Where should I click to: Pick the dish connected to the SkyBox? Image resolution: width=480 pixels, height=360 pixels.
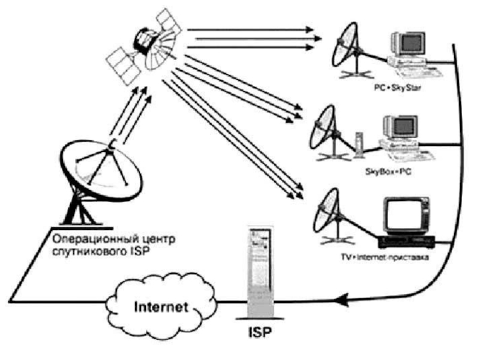click(328, 129)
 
